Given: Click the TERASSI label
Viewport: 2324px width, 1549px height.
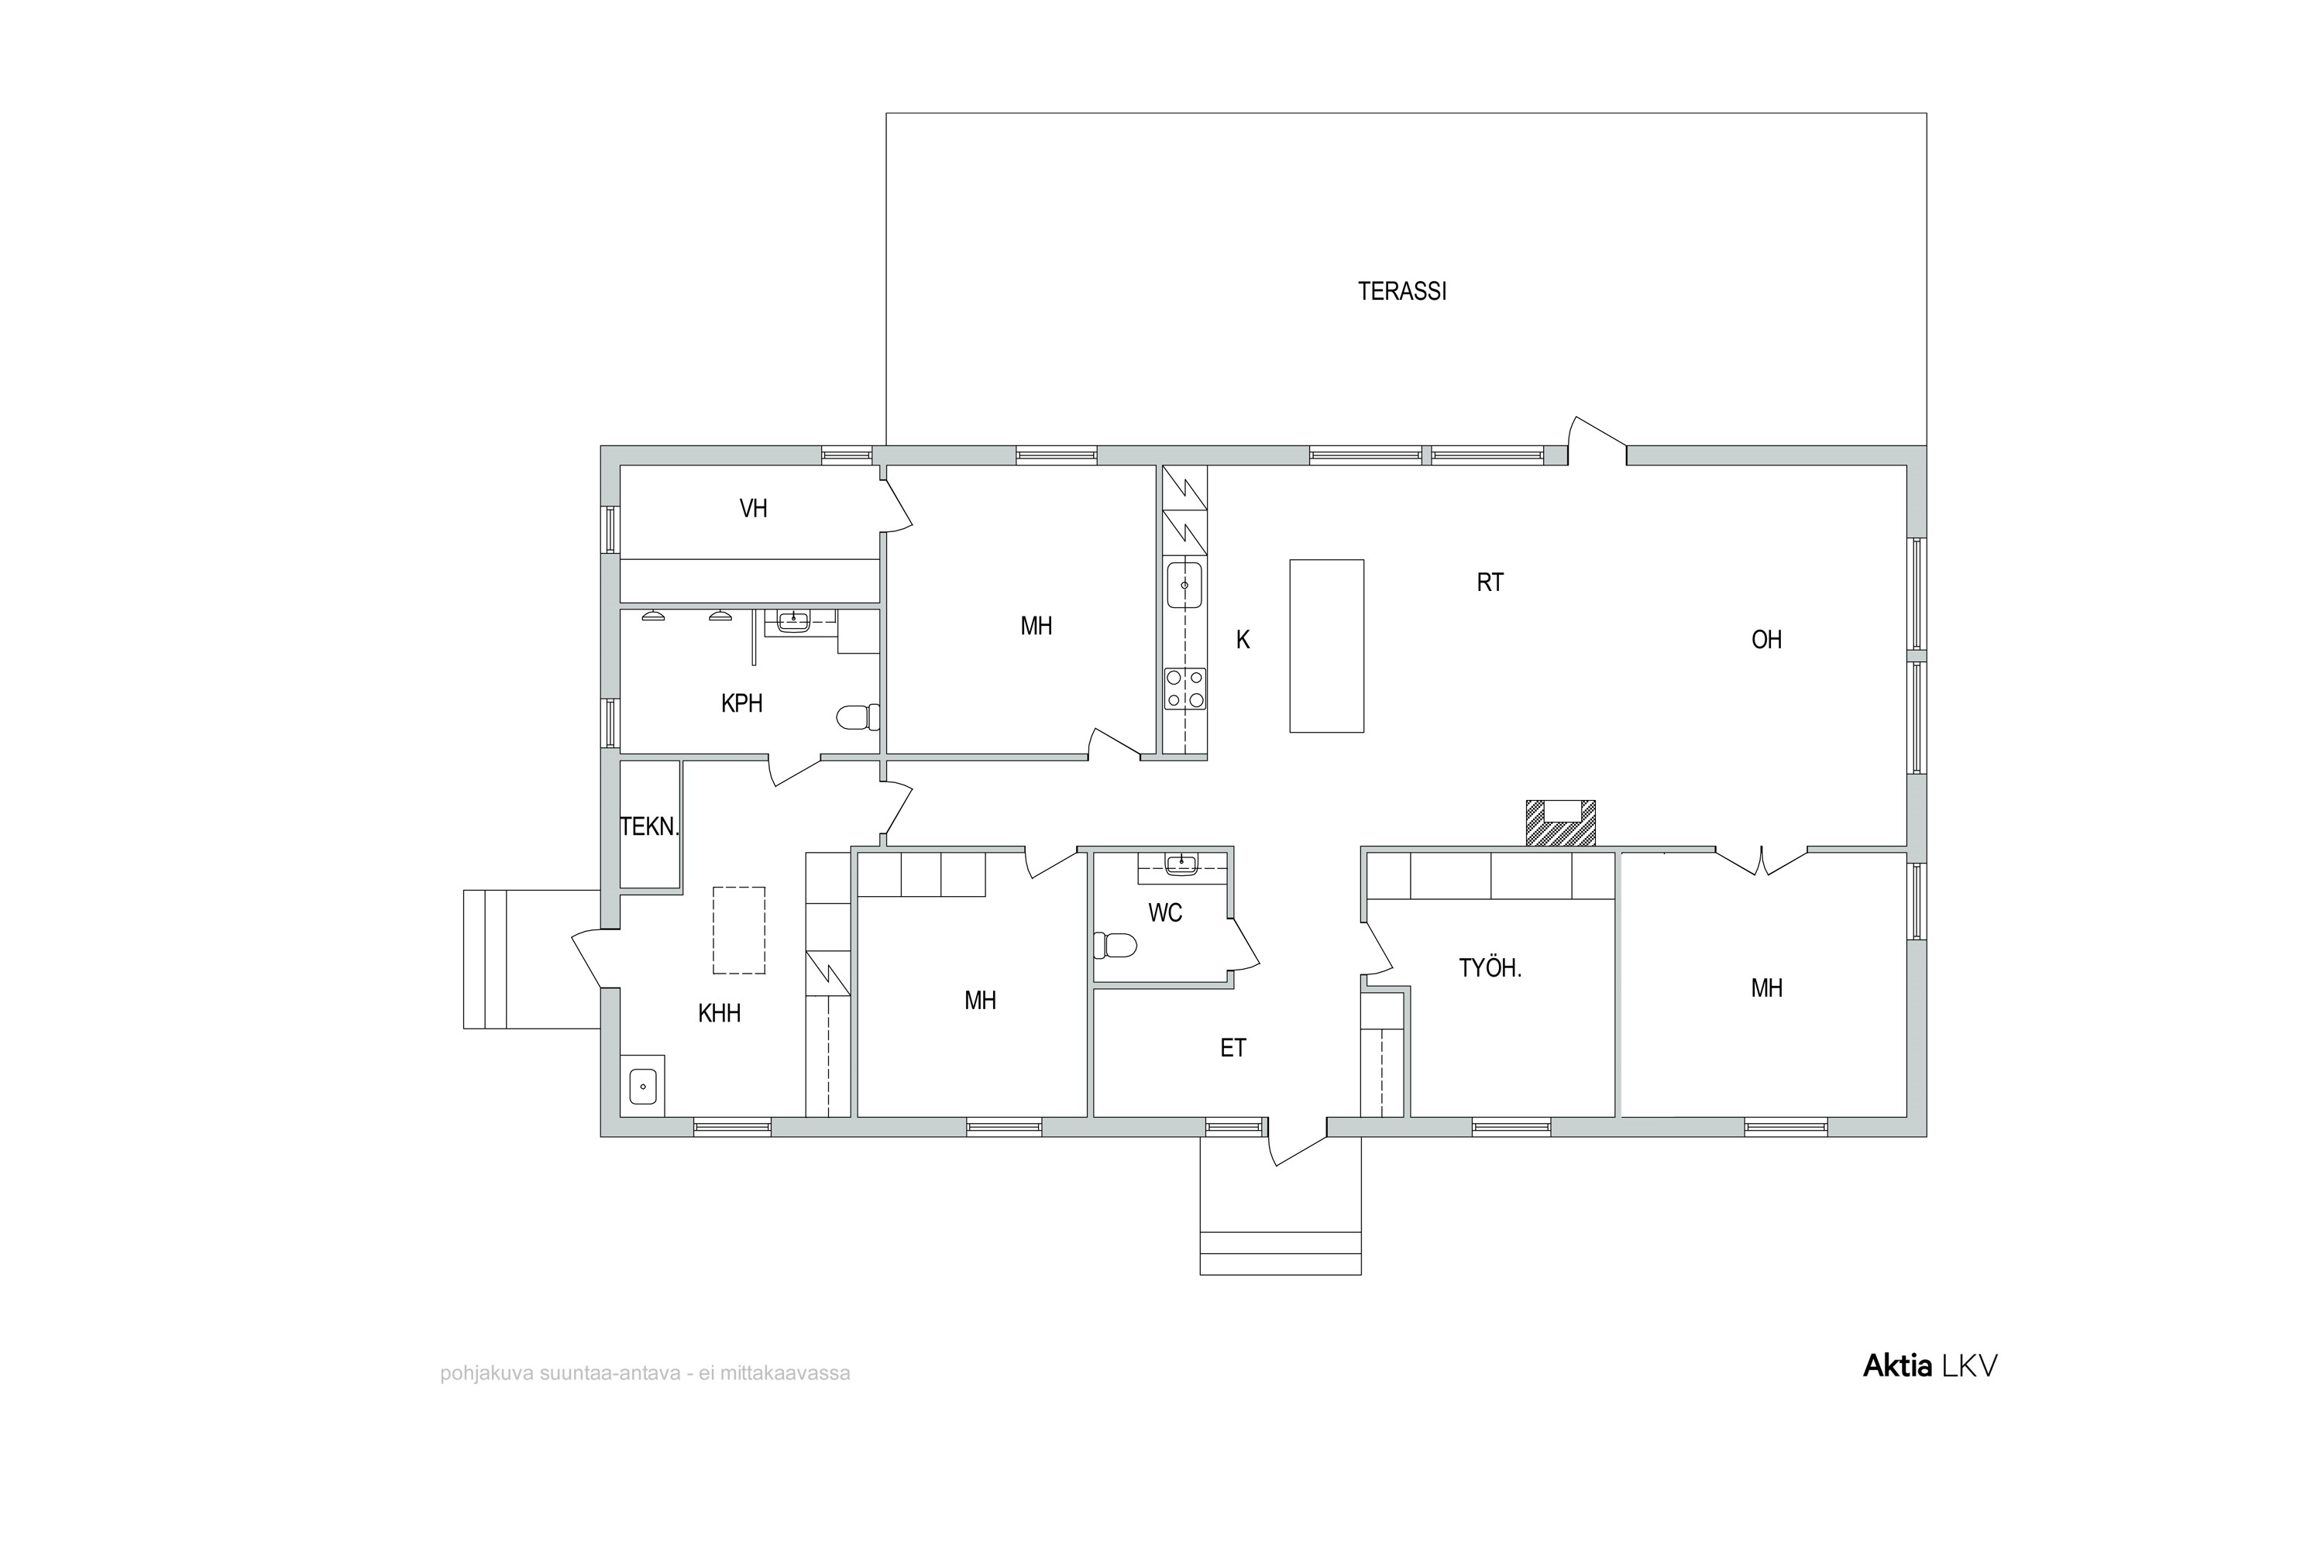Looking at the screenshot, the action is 1401,291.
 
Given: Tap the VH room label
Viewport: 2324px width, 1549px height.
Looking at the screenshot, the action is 753,509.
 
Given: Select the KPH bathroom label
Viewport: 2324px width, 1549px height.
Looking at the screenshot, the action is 741,703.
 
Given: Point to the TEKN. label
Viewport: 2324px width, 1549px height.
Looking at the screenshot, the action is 649,827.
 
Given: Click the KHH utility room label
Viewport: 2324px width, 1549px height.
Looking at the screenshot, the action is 720,1012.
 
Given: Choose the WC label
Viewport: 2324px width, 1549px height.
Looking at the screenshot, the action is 1165,913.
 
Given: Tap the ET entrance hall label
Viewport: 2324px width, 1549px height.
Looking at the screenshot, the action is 1233,1048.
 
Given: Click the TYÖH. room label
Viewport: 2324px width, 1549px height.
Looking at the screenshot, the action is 1490,968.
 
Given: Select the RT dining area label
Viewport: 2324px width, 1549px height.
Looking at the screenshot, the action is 1490,583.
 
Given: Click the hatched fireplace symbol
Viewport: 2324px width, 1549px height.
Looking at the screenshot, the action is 1560,822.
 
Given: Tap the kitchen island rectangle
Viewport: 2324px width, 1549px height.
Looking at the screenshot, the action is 1326,646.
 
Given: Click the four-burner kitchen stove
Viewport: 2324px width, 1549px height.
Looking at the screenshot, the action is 1184,689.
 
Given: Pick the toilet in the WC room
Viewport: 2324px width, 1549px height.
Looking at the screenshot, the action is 1116,946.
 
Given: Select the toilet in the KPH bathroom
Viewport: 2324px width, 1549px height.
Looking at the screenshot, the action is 858,717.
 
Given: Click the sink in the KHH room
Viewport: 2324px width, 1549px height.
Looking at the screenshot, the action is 642,1087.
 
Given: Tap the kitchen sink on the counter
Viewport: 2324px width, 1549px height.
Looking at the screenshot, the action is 1184,585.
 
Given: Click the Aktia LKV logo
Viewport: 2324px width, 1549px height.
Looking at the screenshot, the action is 1930,1365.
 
